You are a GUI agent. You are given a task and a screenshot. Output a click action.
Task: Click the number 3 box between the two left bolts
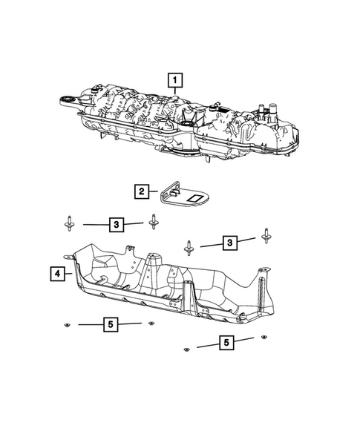115,223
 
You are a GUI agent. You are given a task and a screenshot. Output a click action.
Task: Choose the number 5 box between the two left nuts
109,324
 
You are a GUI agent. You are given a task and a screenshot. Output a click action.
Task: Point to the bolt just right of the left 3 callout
154,220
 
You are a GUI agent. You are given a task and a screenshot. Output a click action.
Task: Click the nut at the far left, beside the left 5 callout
67,325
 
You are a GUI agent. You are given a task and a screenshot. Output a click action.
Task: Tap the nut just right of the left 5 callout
151,323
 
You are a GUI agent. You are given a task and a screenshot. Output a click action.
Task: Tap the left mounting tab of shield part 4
74,257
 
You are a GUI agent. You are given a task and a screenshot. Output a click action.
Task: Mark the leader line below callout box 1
175,96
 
